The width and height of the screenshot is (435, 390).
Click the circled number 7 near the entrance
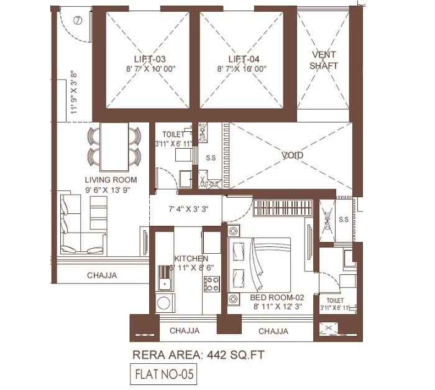point(77,20)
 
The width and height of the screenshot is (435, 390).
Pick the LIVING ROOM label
point(111,180)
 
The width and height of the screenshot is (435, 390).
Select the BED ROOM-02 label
point(276,297)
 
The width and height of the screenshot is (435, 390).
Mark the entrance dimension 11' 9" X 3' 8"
point(74,92)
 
